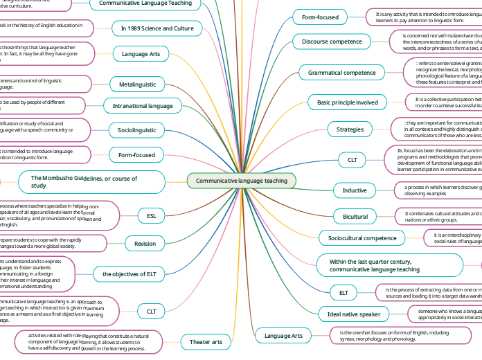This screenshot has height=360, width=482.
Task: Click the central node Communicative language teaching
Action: [241, 181]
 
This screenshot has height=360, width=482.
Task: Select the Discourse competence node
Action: [331, 42]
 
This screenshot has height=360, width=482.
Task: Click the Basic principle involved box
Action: [348, 102]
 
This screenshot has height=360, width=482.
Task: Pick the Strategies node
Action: [350, 129]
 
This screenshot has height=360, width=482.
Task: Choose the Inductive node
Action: [355, 190]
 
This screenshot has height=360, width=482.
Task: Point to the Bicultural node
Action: [355, 217]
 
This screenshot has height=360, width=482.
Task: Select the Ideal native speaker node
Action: [354, 314]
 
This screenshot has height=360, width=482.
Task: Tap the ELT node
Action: [343, 293]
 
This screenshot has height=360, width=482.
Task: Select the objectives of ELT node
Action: [129, 274]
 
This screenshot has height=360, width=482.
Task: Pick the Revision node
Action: [145, 243]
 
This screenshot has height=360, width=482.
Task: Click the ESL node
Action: [151, 216]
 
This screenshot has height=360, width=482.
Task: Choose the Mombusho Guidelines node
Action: [84, 182]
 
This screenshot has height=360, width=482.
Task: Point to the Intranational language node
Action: [138, 106]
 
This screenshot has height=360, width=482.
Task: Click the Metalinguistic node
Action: [137, 84]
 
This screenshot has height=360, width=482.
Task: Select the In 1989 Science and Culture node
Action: [148, 28]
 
